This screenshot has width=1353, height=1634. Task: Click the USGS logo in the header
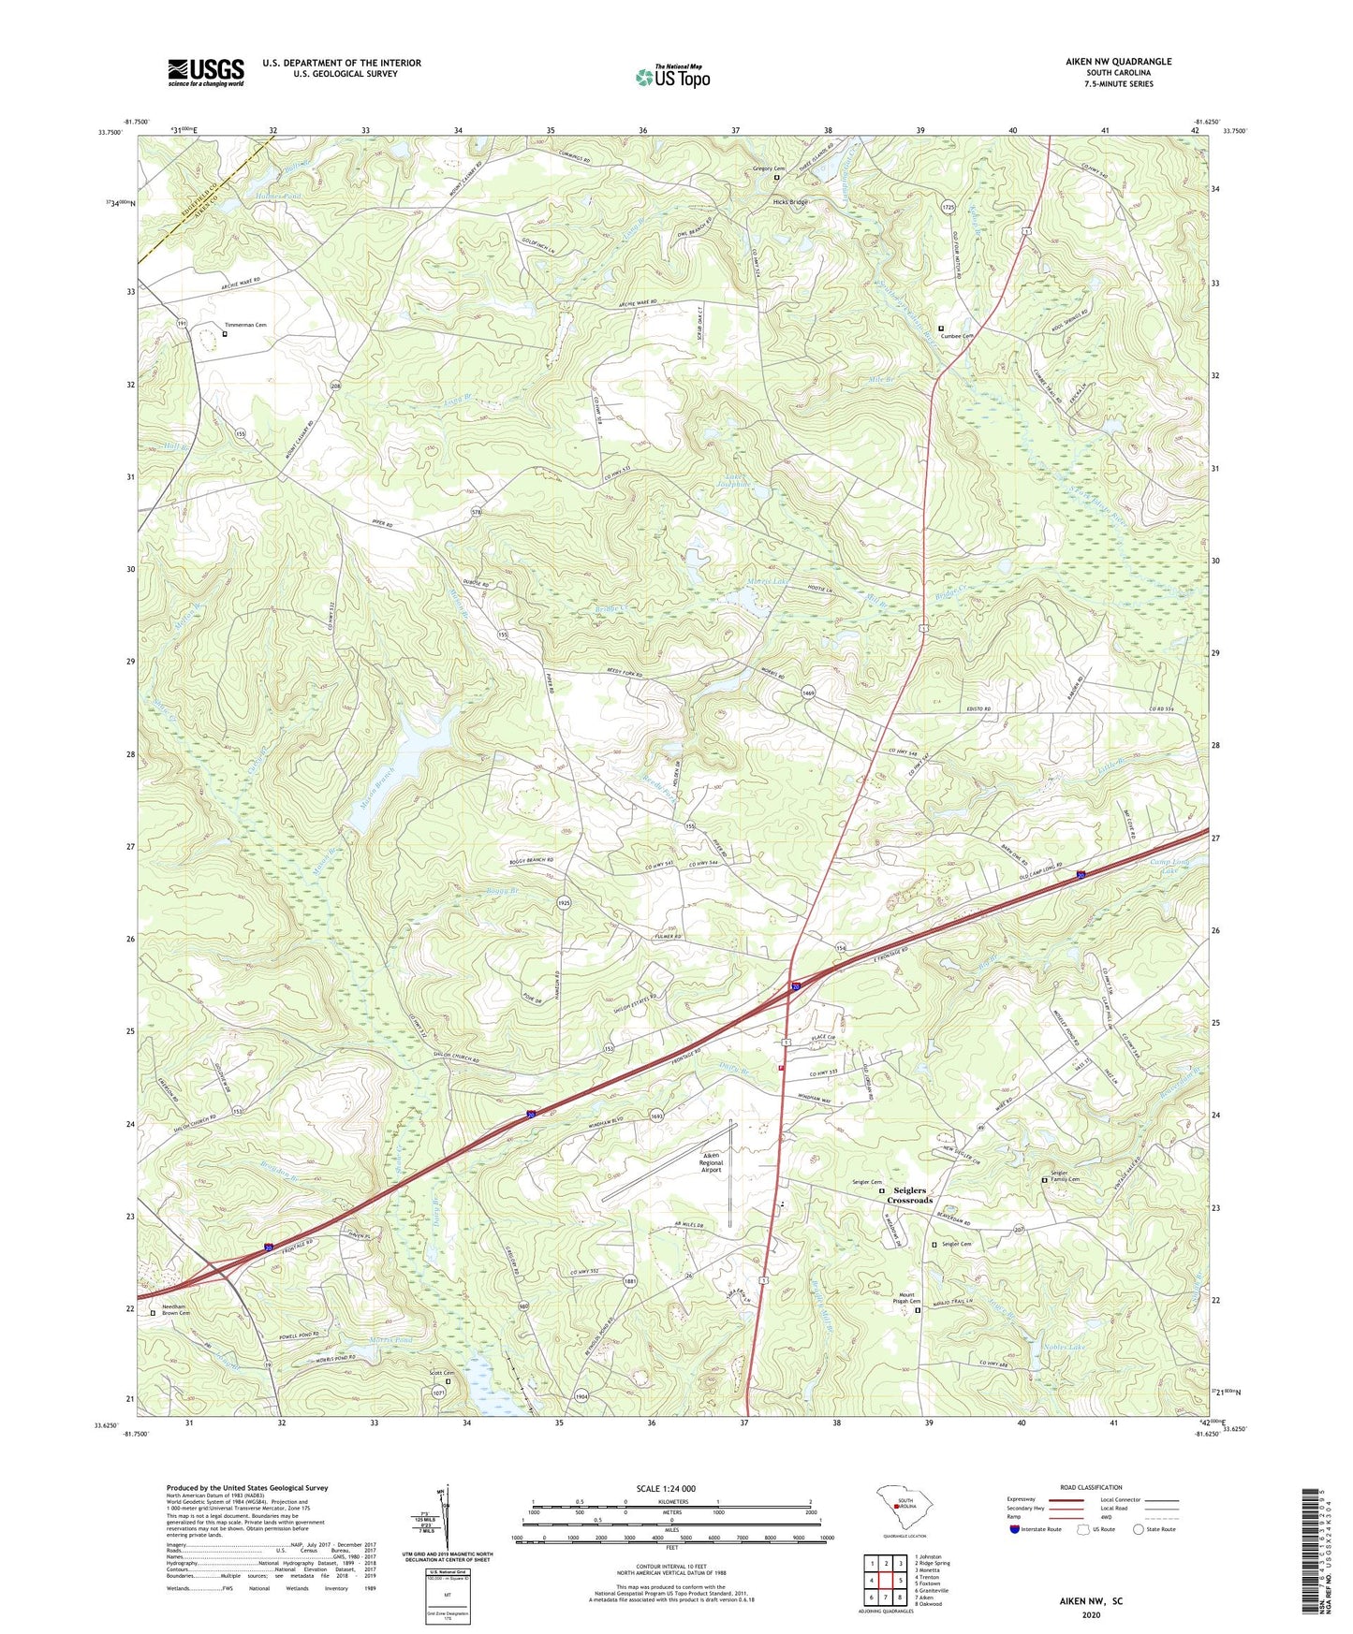[x=206, y=72]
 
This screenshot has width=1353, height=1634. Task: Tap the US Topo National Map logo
[x=672, y=77]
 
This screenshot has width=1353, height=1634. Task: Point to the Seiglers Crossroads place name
[x=909, y=1195]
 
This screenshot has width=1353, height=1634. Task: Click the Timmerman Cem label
[x=245, y=325]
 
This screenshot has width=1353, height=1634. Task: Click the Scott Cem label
[x=441, y=1373]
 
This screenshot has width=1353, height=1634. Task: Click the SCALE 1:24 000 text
[x=671, y=1489]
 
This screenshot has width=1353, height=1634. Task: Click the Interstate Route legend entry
[x=1034, y=1529]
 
